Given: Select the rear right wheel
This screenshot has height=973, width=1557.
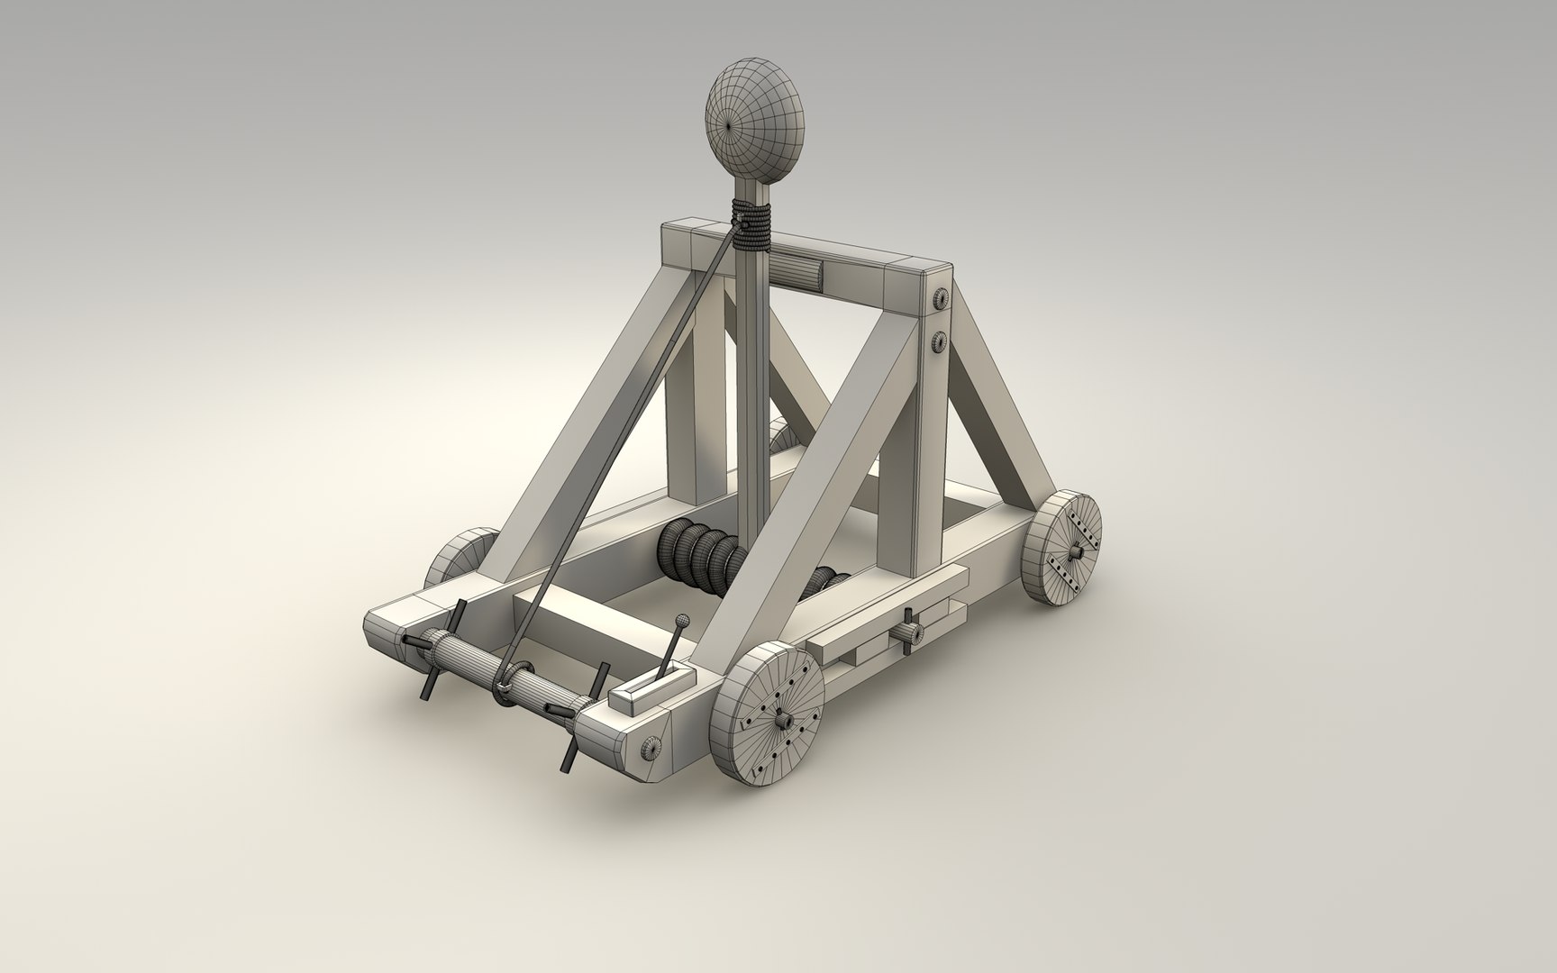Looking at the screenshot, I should [x=1066, y=547].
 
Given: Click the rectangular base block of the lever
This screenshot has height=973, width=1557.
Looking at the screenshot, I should [x=651, y=690].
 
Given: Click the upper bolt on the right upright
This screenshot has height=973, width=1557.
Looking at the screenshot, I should [x=940, y=298].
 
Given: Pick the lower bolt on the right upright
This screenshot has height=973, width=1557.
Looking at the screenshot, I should [x=940, y=341].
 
